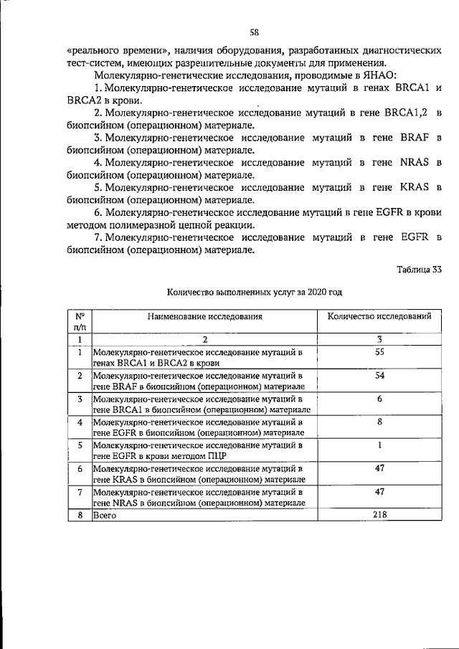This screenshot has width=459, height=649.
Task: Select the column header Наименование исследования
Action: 205,316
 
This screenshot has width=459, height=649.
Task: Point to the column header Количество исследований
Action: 379,316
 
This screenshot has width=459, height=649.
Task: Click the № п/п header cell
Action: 81,321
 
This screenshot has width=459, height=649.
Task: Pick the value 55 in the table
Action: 380,352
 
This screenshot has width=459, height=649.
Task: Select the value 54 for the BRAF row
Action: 380,375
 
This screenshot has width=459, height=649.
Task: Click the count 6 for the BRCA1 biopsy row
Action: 380,399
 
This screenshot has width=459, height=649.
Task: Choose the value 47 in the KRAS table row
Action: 380,468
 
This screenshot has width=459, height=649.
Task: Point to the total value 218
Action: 380,515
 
